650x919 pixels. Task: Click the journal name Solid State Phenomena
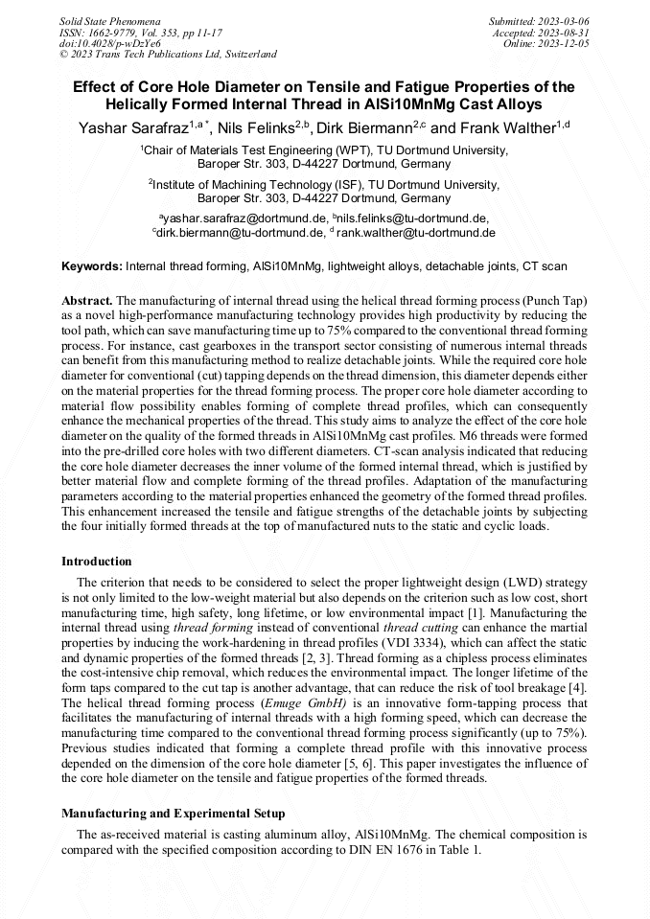click(109, 20)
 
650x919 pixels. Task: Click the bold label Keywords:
click(93, 264)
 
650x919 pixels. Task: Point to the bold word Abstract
click(87, 300)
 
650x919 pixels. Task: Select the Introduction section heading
click(97, 561)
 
